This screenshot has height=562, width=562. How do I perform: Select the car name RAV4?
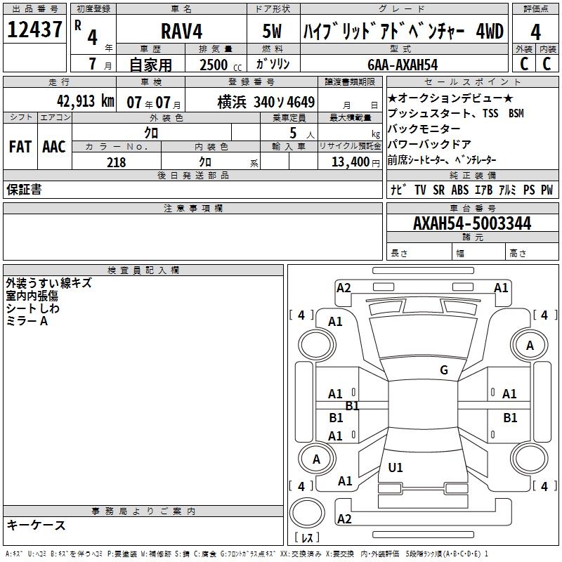pyautogui.click(x=181, y=31)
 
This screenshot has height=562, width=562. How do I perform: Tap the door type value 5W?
pyautogui.click(x=273, y=31)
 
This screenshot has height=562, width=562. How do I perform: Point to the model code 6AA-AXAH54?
pyautogui.click(x=403, y=64)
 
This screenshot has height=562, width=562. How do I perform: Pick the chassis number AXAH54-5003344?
pyautogui.click(x=472, y=224)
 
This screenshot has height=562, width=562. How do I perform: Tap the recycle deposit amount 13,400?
pyautogui.click(x=349, y=162)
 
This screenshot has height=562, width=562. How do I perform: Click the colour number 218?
pyautogui.click(x=116, y=162)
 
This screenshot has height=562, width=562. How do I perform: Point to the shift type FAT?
pyautogui.click(x=20, y=146)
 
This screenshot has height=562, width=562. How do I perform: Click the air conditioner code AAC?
pyautogui.click(x=53, y=146)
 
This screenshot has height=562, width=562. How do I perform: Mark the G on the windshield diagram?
pyautogui.click(x=443, y=370)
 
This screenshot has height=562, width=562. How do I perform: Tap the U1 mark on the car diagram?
pyautogui.click(x=396, y=467)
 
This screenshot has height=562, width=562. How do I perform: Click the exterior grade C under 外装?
pyautogui.click(x=523, y=63)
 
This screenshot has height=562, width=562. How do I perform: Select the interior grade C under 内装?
pyautogui.click(x=547, y=63)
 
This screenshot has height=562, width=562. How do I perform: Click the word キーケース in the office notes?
pyautogui.click(x=36, y=525)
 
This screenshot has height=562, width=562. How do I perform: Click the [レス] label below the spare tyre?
pyautogui.click(x=308, y=538)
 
